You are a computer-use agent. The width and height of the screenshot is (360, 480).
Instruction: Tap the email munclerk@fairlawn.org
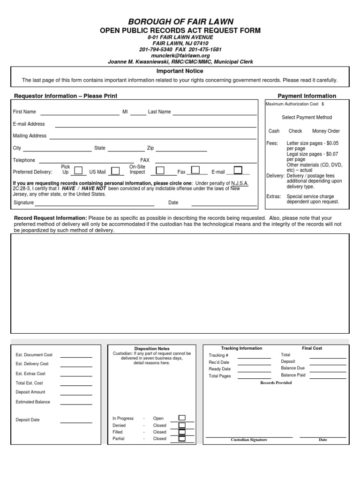180,55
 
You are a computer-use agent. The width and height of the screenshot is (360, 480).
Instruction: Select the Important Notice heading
180,71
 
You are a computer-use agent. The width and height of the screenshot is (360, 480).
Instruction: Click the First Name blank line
80,112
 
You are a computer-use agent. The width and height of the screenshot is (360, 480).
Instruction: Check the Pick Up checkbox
79,170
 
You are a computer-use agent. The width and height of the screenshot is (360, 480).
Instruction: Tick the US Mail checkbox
114,171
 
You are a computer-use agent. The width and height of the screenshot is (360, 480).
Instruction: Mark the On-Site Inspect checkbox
160,170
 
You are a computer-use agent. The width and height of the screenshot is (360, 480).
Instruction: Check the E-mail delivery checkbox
238,170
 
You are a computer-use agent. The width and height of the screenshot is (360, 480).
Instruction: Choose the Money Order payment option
326,131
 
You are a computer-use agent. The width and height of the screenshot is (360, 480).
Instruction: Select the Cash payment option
274,131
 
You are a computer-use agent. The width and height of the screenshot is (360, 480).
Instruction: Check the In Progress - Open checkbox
182,418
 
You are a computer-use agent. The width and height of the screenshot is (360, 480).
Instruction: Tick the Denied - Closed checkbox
182,425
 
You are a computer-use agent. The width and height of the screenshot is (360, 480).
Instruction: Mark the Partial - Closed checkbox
182,439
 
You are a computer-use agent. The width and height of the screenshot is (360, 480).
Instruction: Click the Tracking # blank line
254,357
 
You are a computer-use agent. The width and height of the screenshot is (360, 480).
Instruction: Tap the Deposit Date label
28,420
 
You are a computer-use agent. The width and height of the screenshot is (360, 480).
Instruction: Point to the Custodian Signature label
249,440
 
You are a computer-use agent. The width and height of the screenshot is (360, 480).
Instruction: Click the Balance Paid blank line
328,376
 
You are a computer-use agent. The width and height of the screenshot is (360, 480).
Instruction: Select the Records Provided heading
276,383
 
